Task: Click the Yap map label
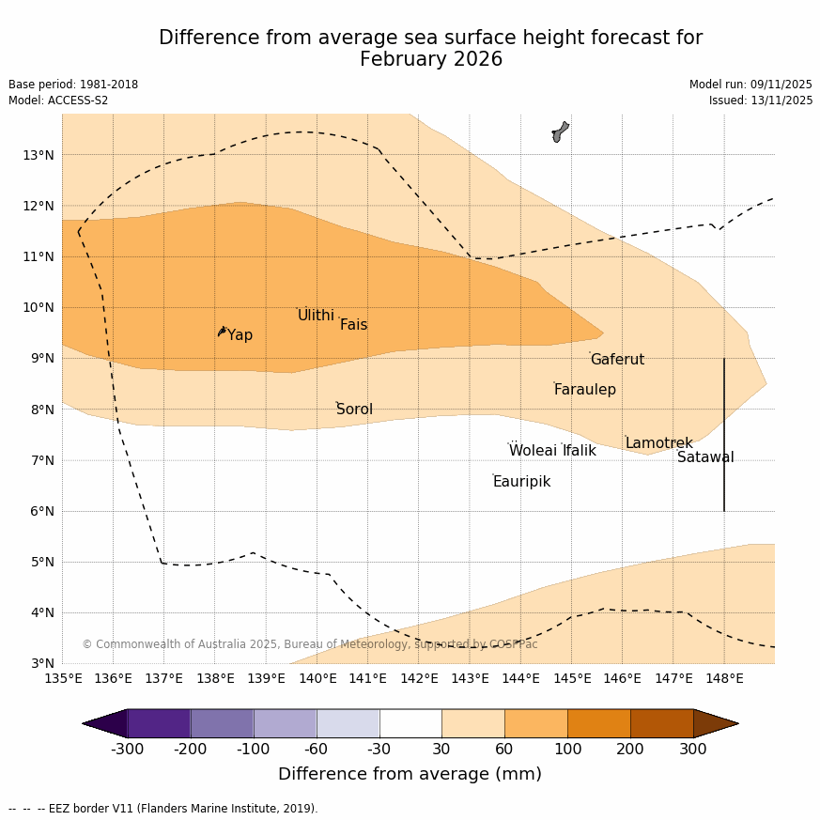click(x=240, y=335)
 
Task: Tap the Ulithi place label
click(x=316, y=316)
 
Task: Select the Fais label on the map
click(x=353, y=325)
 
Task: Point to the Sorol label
click(x=354, y=410)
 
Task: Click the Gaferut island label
click(x=617, y=360)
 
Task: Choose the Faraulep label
click(x=584, y=390)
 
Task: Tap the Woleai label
click(x=533, y=451)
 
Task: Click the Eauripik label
click(x=521, y=482)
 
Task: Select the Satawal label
click(x=705, y=457)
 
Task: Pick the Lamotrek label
click(x=658, y=443)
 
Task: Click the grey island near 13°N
click(x=560, y=132)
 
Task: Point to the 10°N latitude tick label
click(x=38, y=307)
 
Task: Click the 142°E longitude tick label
click(x=419, y=678)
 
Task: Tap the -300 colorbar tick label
click(x=127, y=749)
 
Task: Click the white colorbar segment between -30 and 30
click(x=410, y=723)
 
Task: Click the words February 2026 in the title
click(x=430, y=60)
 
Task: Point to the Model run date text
click(x=750, y=85)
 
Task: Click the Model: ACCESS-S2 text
click(x=58, y=101)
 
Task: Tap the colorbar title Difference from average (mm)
click(x=410, y=775)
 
